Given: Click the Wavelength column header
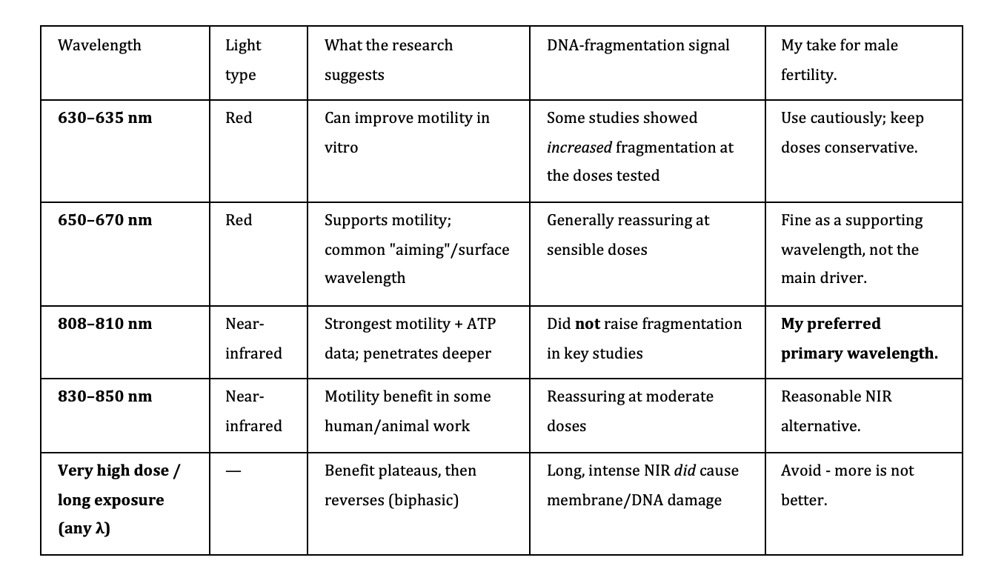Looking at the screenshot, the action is (x=99, y=45).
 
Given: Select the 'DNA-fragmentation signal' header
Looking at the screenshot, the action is (x=638, y=45).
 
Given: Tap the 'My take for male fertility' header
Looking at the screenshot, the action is (x=840, y=60).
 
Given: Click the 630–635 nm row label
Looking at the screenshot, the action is (x=105, y=118).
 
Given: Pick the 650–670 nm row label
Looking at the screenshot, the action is (x=105, y=220).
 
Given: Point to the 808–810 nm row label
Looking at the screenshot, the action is (x=105, y=324).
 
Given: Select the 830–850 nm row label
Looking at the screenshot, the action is (x=105, y=396).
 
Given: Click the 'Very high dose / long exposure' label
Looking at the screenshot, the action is (x=119, y=499).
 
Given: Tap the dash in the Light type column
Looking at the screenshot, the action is (x=233, y=470).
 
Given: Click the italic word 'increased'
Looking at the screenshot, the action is (x=579, y=147).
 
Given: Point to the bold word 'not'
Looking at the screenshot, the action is (x=588, y=324).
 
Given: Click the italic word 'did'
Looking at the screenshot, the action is (x=685, y=470).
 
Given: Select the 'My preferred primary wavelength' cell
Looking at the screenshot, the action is (x=860, y=339).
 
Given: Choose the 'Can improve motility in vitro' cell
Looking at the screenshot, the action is (x=407, y=133).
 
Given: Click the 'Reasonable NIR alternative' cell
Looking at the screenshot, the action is (x=837, y=411).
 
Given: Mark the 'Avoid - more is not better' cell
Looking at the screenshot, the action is (x=847, y=485).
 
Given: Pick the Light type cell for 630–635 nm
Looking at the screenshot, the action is (x=239, y=118).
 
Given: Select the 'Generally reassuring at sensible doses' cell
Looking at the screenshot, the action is (x=628, y=235).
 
